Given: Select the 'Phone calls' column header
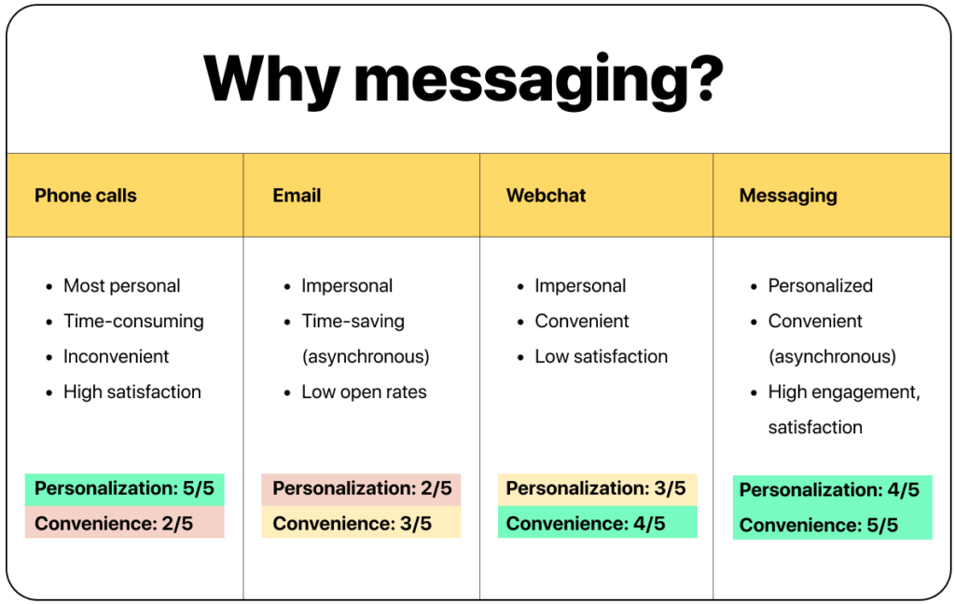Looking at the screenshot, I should (x=86, y=196).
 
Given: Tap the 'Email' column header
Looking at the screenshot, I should (x=297, y=196).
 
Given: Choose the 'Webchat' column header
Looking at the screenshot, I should (x=547, y=196).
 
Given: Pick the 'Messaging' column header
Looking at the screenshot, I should (x=788, y=196).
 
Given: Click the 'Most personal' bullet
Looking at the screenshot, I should (x=121, y=286).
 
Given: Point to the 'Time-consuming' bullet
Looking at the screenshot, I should (x=133, y=322).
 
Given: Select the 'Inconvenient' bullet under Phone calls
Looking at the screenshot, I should (x=117, y=357).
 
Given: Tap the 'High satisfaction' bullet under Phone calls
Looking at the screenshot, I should (x=132, y=392).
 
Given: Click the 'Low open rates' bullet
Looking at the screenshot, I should (x=364, y=392).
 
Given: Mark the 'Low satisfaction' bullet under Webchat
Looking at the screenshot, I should (x=601, y=357).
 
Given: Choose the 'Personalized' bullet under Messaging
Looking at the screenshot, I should (x=821, y=286).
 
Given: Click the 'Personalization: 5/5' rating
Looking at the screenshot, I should (x=124, y=489).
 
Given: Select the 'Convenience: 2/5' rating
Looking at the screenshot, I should (x=114, y=524).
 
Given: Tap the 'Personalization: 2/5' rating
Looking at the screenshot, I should (x=362, y=488).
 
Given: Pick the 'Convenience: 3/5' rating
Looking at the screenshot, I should (x=353, y=524).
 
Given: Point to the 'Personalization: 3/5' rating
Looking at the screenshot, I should (x=596, y=488).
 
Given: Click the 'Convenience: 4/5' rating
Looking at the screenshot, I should (x=586, y=524).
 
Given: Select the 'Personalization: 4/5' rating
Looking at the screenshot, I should (x=829, y=490).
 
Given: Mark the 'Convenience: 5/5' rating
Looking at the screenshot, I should (x=819, y=526).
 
